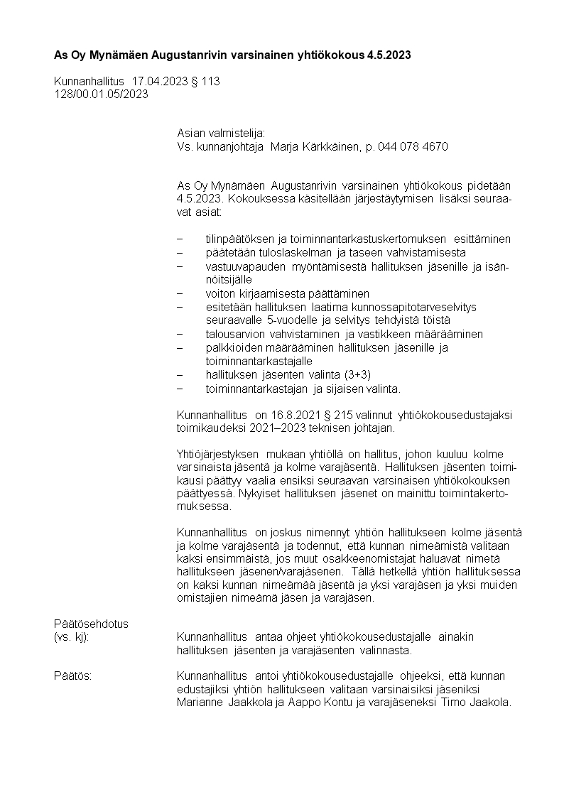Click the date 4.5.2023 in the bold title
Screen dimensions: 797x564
tap(389, 55)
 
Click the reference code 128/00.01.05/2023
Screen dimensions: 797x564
tap(101, 94)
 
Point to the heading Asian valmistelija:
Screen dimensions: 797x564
tap(221, 133)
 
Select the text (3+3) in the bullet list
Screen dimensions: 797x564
tap(357, 374)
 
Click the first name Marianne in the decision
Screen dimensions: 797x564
tap(200, 703)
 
